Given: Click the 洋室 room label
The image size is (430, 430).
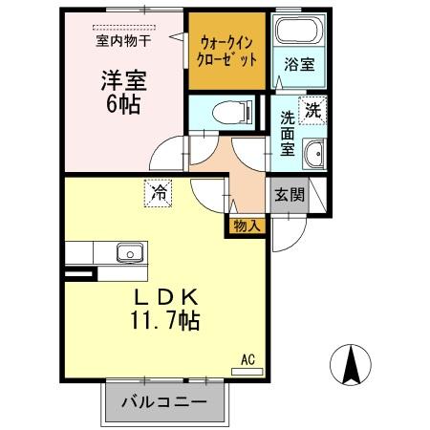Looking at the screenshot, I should point(121,80).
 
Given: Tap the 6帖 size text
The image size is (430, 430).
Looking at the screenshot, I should point(122,104).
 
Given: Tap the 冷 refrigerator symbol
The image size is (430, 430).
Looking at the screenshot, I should point(159,192).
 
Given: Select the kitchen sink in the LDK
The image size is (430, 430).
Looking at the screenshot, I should point(129,253).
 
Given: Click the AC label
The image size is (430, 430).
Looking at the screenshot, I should point(247,359).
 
